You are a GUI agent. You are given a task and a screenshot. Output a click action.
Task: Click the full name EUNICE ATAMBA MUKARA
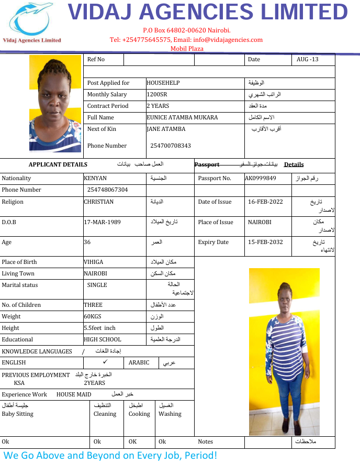coord(182,117)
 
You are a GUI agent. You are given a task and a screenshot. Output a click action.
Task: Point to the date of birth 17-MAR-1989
coord(103,222)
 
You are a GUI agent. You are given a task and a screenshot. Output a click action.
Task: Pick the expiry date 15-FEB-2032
coord(266,242)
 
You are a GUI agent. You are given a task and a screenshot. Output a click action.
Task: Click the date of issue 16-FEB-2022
coord(266,202)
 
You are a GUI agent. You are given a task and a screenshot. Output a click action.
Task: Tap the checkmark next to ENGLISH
coord(105,362)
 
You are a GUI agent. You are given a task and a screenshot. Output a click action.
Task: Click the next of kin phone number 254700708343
coord(171,146)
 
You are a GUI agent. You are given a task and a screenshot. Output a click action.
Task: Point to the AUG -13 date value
coord(307,59)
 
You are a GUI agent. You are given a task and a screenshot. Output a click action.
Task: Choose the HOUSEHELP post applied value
coord(164,83)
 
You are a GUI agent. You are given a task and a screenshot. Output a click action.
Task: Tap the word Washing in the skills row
coord(170,414)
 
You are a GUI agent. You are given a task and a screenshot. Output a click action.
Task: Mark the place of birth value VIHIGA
coord(94,262)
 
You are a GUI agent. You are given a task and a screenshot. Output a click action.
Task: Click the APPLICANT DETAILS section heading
coord(58,164)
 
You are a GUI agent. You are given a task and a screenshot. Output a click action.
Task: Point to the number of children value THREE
coord(93,305)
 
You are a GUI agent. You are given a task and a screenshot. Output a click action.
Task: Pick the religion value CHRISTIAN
coord(99,202)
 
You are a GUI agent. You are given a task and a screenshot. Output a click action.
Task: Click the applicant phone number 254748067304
coord(108,190)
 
